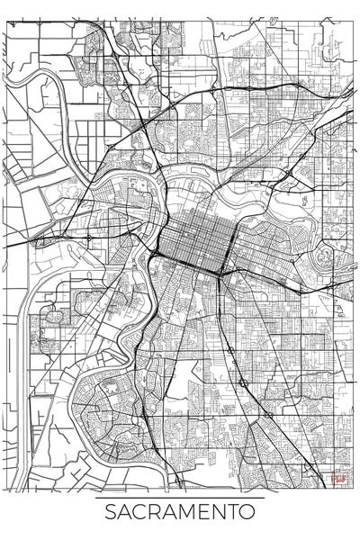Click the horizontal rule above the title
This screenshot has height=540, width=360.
click(180, 497)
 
